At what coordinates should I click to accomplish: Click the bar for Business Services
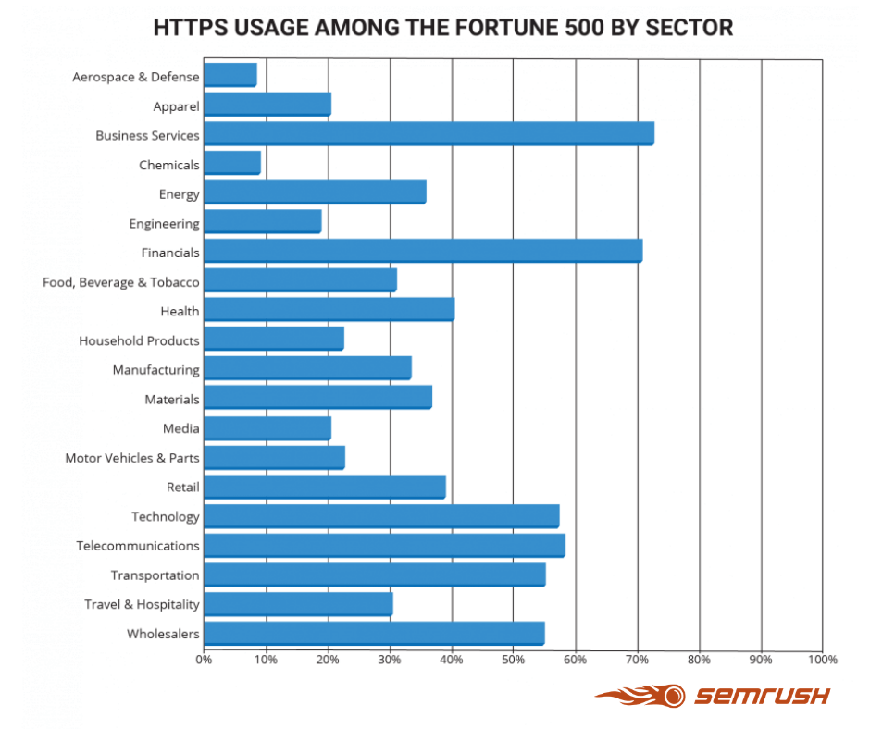(x=429, y=134)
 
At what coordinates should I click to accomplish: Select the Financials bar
(x=422, y=251)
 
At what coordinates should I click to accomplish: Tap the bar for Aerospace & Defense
(x=230, y=75)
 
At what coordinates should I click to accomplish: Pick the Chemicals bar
(x=231, y=164)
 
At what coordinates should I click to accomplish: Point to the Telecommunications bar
(x=384, y=545)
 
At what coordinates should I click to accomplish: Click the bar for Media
(x=267, y=427)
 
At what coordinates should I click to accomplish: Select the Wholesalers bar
(x=374, y=633)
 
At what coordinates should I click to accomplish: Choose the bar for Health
(x=329, y=310)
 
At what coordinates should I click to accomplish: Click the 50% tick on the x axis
(x=514, y=660)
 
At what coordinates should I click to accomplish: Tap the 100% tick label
(x=822, y=660)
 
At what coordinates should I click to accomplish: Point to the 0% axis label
(x=204, y=660)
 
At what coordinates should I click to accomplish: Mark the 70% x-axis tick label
(x=638, y=660)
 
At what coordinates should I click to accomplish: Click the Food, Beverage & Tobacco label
(x=120, y=282)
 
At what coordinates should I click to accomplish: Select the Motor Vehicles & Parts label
(x=131, y=458)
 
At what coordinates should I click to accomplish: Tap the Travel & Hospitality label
(x=141, y=604)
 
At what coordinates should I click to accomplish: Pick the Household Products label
(x=139, y=340)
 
